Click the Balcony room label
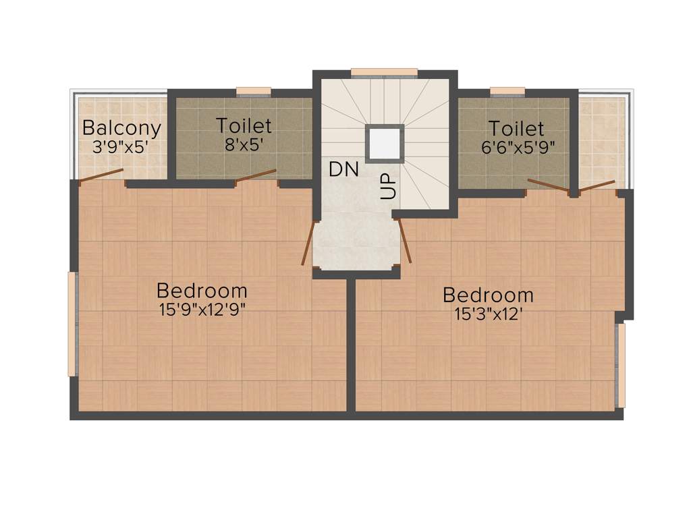point(121,127)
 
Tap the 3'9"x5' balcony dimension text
point(121,146)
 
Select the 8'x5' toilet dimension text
point(244,144)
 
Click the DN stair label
point(343,170)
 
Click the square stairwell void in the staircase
point(385,143)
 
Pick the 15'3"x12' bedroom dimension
point(489,314)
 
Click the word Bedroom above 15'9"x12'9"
point(202,291)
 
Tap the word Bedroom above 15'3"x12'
point(488,295)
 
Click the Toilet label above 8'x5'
point(244,125)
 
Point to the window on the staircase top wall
point(384,72)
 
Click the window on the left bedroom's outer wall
point(72,323)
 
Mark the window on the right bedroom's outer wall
point(621,366)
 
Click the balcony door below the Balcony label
point(101,175)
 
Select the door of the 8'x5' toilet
point(256,175)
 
